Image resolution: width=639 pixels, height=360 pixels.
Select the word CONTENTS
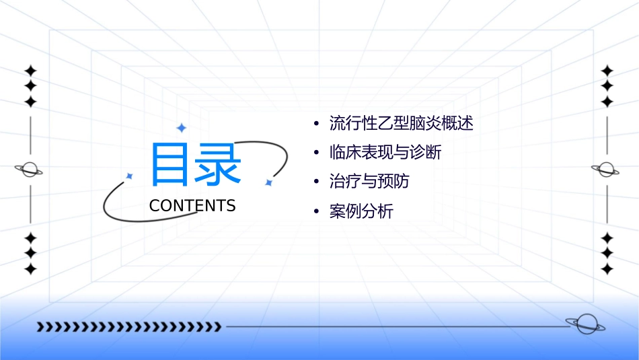pos(192,206)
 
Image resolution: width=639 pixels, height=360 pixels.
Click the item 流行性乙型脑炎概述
pos(402,124)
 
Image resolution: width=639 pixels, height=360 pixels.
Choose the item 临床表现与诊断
pos(385,153)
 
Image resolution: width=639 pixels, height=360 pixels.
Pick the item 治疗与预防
pos(369,182)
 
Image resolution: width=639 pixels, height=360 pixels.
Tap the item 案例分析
pos(361,211)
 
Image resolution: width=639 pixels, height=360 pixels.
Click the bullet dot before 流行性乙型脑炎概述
pos(316,124)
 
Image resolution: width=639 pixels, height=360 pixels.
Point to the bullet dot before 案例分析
pos(316,212)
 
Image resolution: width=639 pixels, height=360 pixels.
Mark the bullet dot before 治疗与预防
pos(316,182)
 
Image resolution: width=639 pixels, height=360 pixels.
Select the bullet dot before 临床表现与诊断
pos(316,153)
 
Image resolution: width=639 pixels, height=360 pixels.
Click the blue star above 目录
pos(180,128)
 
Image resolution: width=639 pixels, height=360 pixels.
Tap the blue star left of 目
pos(129,176)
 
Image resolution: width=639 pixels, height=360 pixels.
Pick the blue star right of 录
pos(268,182)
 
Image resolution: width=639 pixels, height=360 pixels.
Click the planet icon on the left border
pos(30,170)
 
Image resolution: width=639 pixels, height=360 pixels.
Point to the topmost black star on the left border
pos(30,71)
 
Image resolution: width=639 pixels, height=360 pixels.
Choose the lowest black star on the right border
pos(607,268)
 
